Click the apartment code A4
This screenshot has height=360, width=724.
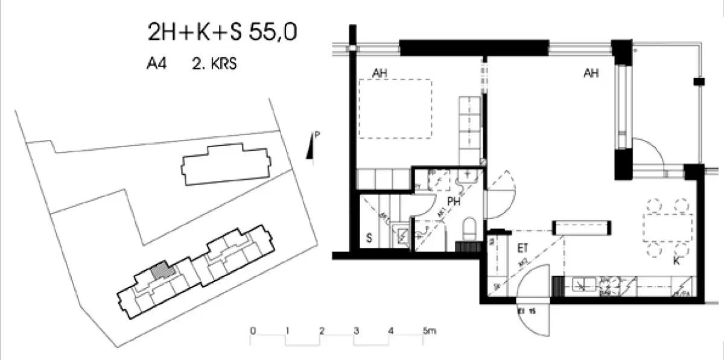[156, 65]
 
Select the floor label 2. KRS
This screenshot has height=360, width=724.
[214, 65]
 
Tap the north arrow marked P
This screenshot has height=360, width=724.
[311, 146]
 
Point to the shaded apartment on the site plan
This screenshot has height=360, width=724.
[160, 271]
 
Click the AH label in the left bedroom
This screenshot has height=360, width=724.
[379, 74]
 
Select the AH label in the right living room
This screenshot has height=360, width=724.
[591, 74]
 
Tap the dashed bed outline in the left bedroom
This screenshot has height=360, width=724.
[395, 108]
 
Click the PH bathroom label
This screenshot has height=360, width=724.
[454, 203]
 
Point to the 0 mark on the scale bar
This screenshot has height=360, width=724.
[253, 331]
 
